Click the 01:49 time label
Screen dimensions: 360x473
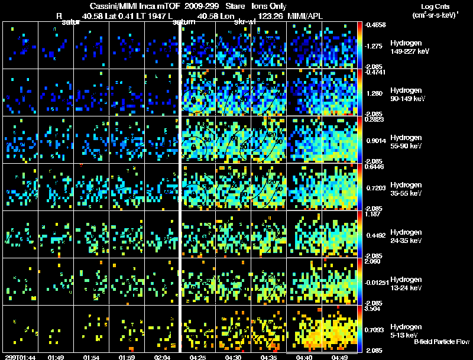[x=56, y=357]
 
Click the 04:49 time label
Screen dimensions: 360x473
[x=339, y=357]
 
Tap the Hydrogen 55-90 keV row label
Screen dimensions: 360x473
[x=406, y=141]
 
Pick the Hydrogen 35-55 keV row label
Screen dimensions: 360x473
[x=406, y=189]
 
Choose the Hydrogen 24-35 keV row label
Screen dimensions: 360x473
[x=406, y=236]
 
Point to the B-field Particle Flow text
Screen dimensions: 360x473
[x=441, y=342]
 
